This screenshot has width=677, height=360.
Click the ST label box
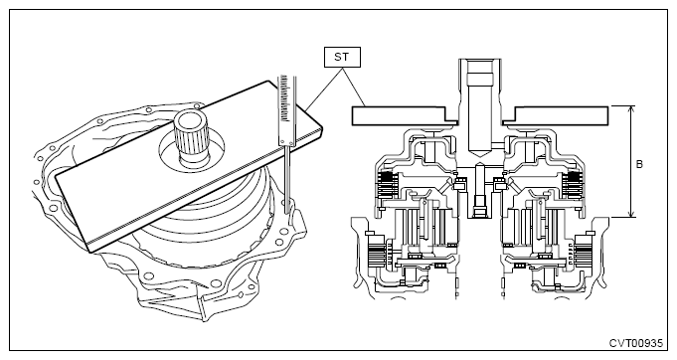pos(342,57)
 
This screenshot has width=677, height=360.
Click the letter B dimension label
pos(639,164)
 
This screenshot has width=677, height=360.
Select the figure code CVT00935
pos(635,343)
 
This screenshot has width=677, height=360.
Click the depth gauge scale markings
pos(284,98)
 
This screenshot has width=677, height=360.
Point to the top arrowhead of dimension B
pos(631,109)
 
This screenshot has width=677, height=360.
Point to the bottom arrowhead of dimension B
pos(631,214)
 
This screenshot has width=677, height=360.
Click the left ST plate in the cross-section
pos(405,116)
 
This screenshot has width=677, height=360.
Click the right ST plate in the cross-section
pos(556,116)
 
